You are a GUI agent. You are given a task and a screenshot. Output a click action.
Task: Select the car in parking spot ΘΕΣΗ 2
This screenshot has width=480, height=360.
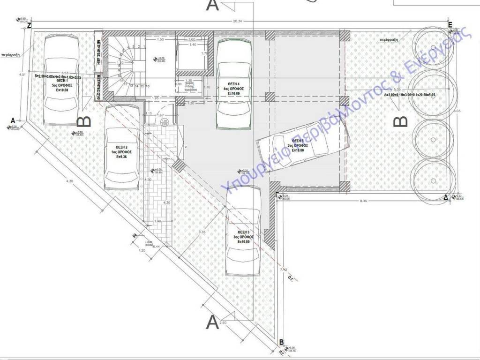[122, 146]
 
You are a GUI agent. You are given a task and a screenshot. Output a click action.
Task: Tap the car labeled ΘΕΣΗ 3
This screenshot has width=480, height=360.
[243, 230]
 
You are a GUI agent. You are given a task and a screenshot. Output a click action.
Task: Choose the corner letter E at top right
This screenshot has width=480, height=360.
[450, 25]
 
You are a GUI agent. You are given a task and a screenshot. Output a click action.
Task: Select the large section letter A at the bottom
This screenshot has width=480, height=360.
[212, 322]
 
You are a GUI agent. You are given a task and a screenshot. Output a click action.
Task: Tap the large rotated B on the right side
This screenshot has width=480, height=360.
[401, 122]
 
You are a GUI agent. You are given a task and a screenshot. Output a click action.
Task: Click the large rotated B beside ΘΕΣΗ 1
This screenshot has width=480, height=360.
[84, 121]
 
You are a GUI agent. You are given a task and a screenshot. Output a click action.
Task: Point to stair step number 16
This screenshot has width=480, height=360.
[148, 86]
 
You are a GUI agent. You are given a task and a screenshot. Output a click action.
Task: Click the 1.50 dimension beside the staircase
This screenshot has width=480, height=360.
[160, 40]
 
